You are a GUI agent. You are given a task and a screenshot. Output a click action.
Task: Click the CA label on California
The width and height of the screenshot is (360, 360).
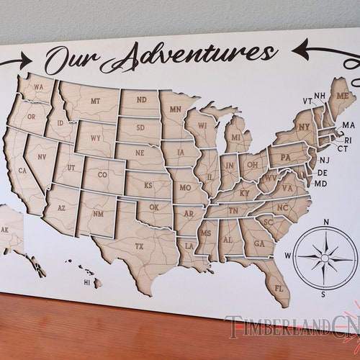click(22, 171)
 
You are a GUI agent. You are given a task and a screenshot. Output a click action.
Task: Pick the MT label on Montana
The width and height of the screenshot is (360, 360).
click(95, 101)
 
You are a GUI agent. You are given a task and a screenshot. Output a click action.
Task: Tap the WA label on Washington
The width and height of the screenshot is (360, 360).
click(38, 89)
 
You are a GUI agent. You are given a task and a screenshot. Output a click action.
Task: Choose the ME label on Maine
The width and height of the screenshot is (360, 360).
click(341, 96)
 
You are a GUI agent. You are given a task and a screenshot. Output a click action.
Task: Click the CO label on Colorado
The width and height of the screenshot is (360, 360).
click(102, 174)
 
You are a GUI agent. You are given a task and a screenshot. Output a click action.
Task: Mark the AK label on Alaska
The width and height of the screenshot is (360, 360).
click(5, 230)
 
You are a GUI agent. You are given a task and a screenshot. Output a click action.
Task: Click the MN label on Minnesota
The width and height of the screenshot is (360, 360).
click(175, 109)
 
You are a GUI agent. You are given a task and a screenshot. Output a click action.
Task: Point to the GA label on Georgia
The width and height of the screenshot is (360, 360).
click(258, 243)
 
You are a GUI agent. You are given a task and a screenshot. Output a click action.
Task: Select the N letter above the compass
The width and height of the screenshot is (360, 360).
click(326, 222)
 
